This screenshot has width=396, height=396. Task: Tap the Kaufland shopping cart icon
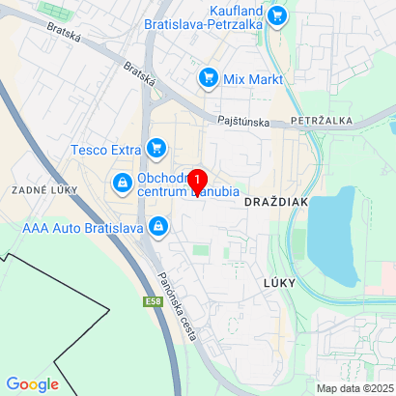277,14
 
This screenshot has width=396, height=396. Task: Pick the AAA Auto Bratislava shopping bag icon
158,228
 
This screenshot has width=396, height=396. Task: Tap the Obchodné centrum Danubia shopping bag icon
123,182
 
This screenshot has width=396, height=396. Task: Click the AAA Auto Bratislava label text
82,229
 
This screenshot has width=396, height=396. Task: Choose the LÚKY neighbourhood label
273,281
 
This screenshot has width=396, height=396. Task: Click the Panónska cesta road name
177,305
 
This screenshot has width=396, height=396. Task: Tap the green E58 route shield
153,301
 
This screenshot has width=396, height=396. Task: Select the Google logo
31,384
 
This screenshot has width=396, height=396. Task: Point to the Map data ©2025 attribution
354,388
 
